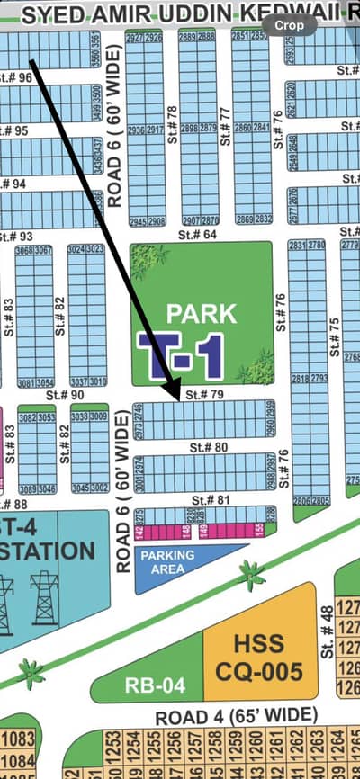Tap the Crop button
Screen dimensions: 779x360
(x=287, y=26)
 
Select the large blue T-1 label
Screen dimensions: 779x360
(x=180, y=354)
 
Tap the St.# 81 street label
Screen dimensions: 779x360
(x=207, y=499)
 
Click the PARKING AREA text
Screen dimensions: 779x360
(x=167, y=561)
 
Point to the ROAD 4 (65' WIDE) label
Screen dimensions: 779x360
(x=236, y=716)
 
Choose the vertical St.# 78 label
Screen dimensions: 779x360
(x=171, y=124)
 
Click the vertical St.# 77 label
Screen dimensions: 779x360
(x=225, y=124)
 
